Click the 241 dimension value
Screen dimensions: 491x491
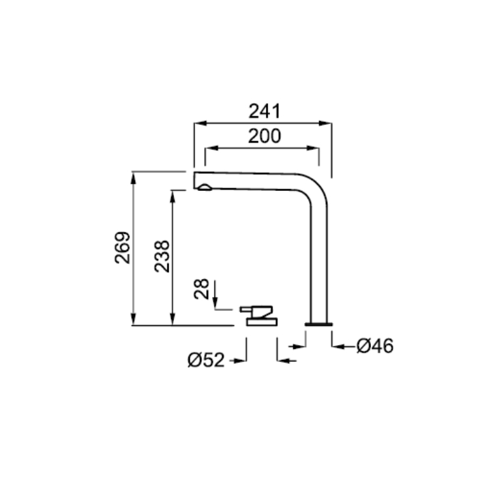265,111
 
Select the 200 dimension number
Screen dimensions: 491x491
265,136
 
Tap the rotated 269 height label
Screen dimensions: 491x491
123,248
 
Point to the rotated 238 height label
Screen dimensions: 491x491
162,256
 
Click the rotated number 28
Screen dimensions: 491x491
201,288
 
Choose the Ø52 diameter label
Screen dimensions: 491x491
206,360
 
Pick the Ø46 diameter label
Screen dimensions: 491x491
375,346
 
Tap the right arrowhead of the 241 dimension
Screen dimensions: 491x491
325,123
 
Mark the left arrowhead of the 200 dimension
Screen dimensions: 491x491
211,148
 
